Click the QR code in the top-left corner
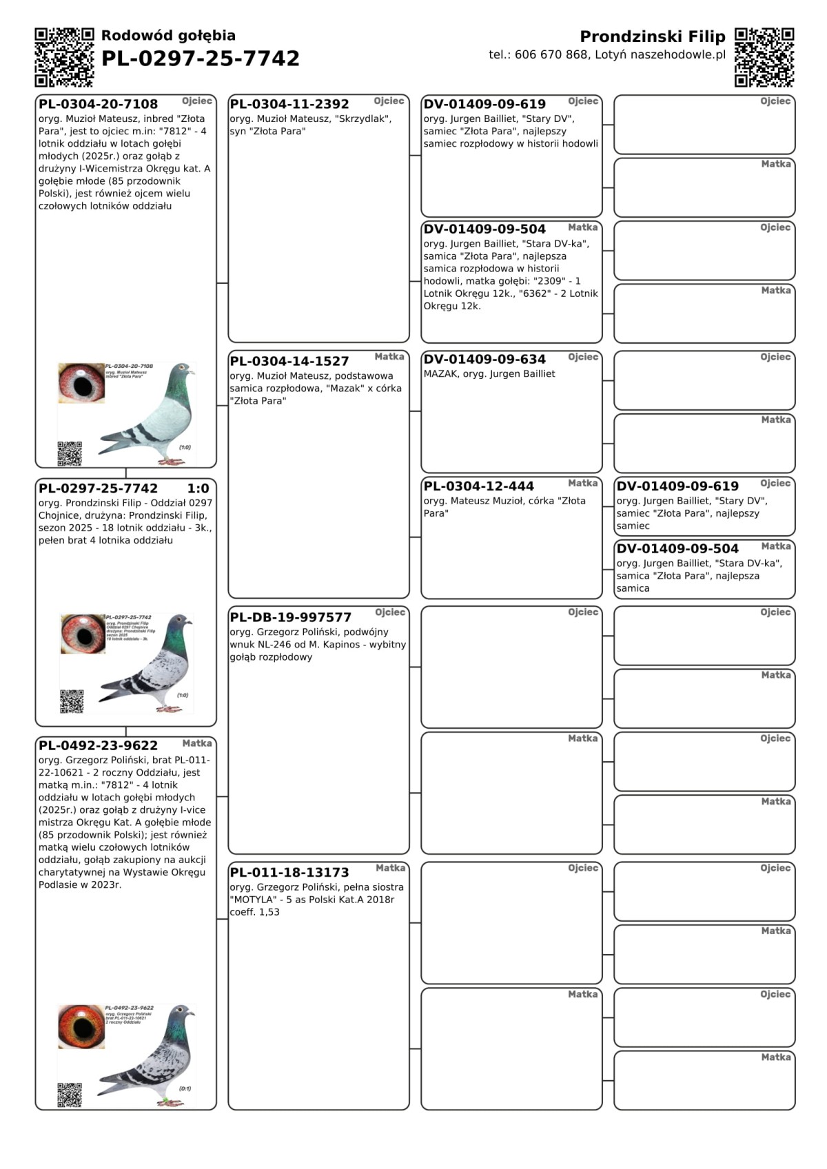pos(64,57)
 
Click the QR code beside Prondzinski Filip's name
pos(764,57)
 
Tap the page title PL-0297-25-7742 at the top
pos(201,59)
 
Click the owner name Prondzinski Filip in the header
pos(652,37)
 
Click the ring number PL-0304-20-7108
pos(98,105)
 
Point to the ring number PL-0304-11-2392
pos(289,105)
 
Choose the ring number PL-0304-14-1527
pos(289,361)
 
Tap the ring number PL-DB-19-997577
pos(290,617)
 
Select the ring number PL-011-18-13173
pos(289,873)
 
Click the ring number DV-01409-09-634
pos(484,360)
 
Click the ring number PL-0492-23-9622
pos(98,745)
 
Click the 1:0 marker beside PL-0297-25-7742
pos(198,488)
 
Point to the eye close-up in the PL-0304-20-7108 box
pos(81,383)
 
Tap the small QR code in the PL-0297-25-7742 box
pos(72,701)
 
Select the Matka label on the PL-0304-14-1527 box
pos(389,357)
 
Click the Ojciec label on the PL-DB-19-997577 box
pos(390,612)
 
